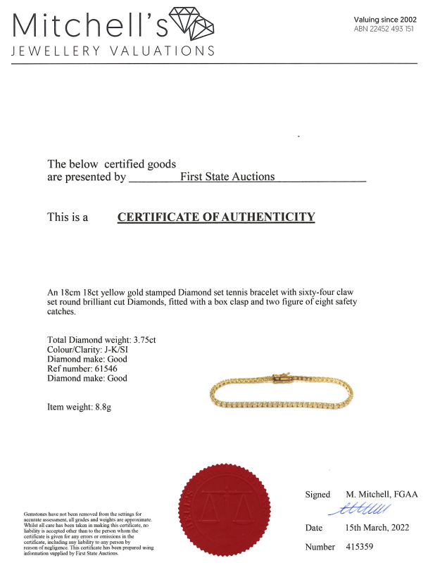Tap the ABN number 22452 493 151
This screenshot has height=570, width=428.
384,30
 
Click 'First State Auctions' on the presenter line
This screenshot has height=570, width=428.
227,177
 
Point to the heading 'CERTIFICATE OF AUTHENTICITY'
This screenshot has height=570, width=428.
215,217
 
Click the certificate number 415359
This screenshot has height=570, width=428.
363,547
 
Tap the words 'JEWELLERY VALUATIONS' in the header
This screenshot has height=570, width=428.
113,51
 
